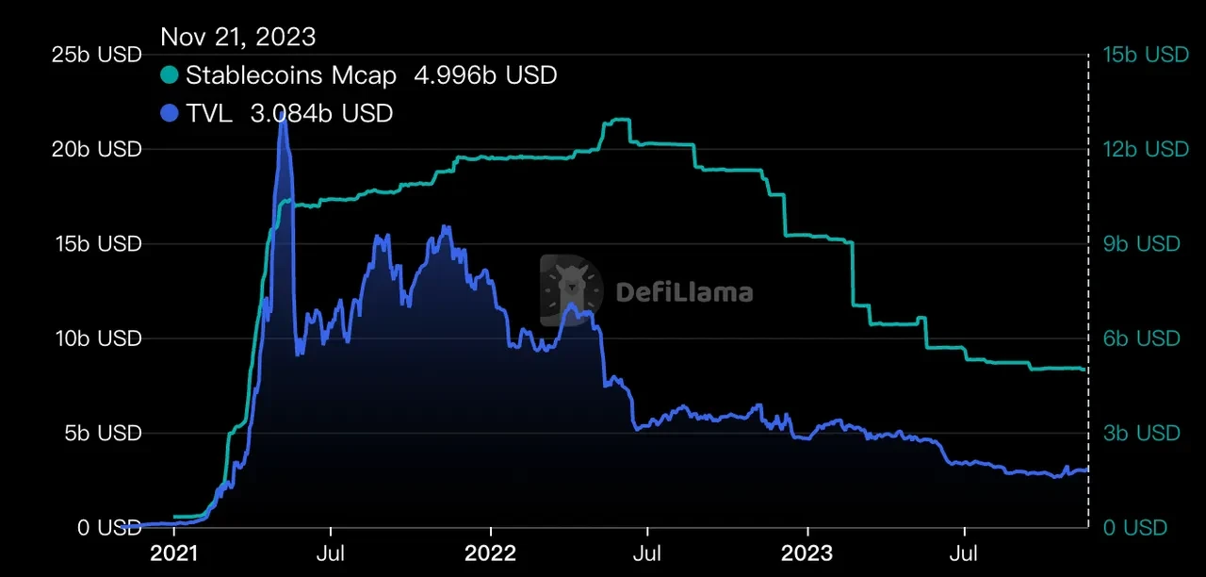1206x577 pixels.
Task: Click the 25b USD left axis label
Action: (x=95, y=55)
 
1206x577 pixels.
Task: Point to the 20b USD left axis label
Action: (x=95, y=149)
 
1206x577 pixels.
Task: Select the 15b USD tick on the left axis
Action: (x=95, y=243)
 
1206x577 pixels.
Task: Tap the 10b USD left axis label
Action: (x=95, y=338)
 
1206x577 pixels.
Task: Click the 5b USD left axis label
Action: (x=101, y=433)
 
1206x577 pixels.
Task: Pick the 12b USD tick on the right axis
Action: (x=1146, y=149)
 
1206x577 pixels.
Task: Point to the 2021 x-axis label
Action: (x=176, y=552)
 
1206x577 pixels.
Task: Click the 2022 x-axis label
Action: (x=490, y=552)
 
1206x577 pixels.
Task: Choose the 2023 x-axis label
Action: (x=807, y=552)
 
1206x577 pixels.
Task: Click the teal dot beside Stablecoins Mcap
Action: (x=170, y=74)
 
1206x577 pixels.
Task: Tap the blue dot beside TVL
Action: (x=170, y=113)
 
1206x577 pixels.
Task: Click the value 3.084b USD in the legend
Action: (x=321, y=113)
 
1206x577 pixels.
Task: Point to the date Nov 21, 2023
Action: (x=237, y=37)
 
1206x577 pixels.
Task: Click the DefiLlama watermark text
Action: (x=684, y=292)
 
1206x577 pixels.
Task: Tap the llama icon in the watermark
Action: (x=571, y=289)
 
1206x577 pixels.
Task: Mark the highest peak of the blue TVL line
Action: (x=282, y=113)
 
